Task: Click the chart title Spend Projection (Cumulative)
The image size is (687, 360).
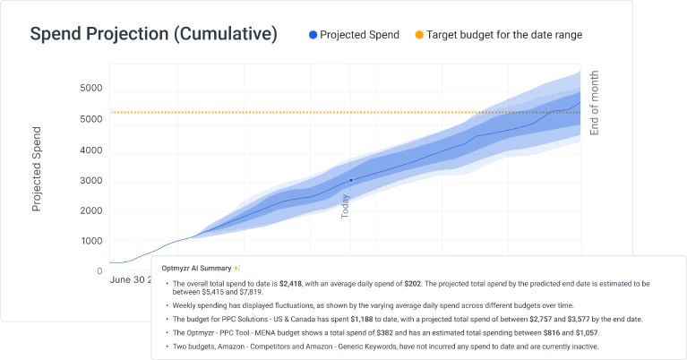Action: click(x=153, y=34)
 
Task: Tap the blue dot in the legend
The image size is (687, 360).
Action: click(x=313, y=35)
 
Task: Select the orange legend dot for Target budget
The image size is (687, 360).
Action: click(x=419, y=35)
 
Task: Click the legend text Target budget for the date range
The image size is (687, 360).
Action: click(x=504, y=35)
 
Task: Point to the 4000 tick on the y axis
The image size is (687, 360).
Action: click(x=91, y=150)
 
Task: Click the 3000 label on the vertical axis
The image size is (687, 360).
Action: click(x=91, y=181)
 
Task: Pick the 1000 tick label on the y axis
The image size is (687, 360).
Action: click(x=91, y=241)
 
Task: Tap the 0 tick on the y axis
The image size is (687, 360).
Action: click(x=99, y=271)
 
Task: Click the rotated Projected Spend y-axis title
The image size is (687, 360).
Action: click(x=37, y=169)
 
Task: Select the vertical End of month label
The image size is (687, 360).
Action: click(x=594, y=103)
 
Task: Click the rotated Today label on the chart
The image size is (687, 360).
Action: click(x=345, y=207)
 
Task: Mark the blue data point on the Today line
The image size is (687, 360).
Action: click(x=351, y=180)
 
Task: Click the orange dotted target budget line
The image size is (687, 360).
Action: click(x=346, y=113)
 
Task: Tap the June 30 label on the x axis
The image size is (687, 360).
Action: click(x=127, y=280)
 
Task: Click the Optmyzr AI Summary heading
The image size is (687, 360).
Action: click(x=196, y=268)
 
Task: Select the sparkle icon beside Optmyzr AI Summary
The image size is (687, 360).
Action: click(x=237, y=268)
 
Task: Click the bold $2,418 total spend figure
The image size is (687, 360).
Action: click(x=290, y=284)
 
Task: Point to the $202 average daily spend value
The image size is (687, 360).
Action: click(x=412, y=284)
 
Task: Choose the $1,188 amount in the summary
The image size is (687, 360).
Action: click(x=362, y=320)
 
